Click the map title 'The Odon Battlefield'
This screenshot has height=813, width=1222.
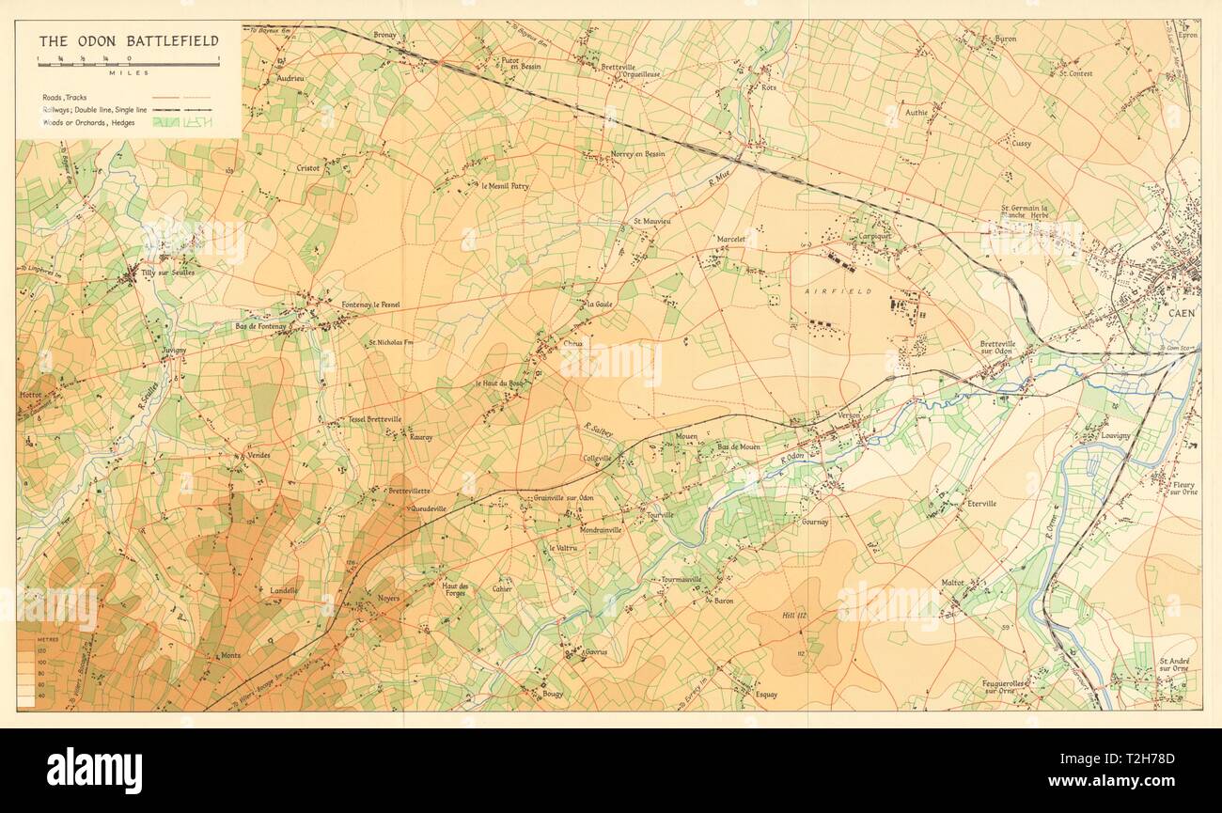[128, 40]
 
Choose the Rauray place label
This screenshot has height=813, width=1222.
[419, 435]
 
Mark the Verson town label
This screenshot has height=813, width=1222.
[823, 414]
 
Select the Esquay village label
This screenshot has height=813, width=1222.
[766, 695]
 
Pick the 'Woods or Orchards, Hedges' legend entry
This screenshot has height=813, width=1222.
[95, 122]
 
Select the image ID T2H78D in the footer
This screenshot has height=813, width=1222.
[1140, 767]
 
